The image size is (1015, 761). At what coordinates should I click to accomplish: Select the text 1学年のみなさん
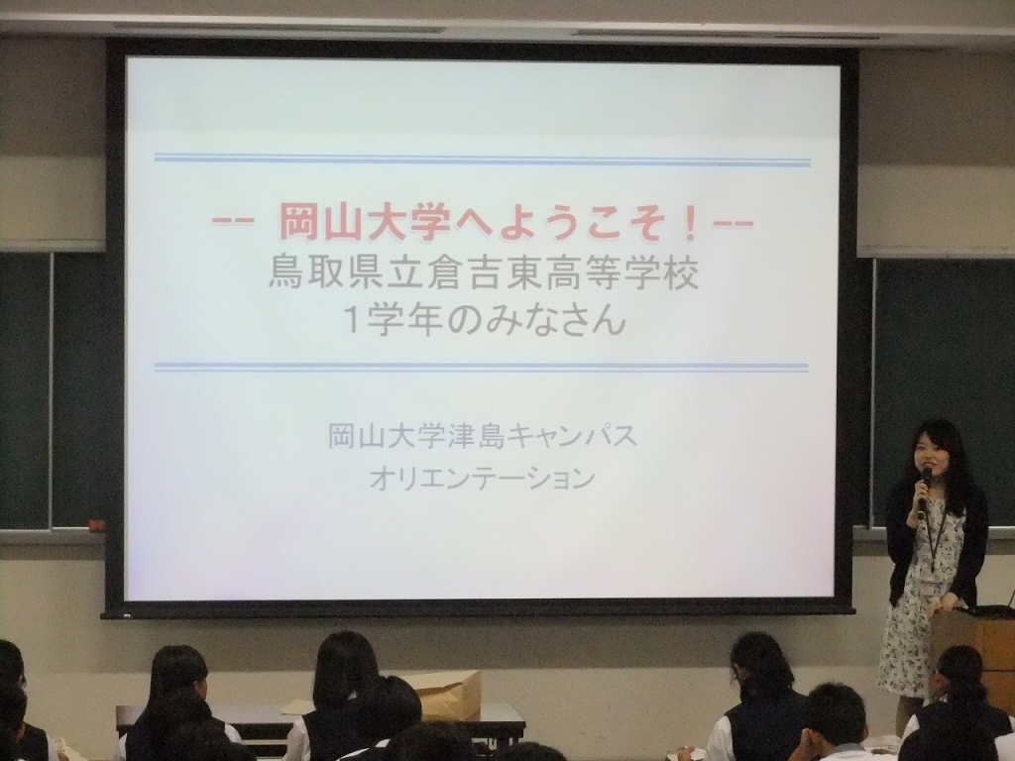click(484, 320)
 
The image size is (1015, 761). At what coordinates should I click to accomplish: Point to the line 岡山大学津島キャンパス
click(483, 437)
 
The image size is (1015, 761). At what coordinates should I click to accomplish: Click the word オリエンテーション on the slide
click(483, 479)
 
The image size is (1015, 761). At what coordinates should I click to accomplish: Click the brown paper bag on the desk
click(449, 695)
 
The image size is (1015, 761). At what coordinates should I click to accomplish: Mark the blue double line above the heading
click(483, 160)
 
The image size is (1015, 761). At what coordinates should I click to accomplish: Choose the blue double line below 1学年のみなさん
click(481, 367)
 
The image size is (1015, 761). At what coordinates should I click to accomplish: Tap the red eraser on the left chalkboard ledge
click(96, 525)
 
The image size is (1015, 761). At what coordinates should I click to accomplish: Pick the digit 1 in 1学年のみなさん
click(354, 320)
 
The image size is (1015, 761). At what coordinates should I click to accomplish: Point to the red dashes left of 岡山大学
click(232, 222)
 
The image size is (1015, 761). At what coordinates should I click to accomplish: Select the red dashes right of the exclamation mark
click(733, 224)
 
